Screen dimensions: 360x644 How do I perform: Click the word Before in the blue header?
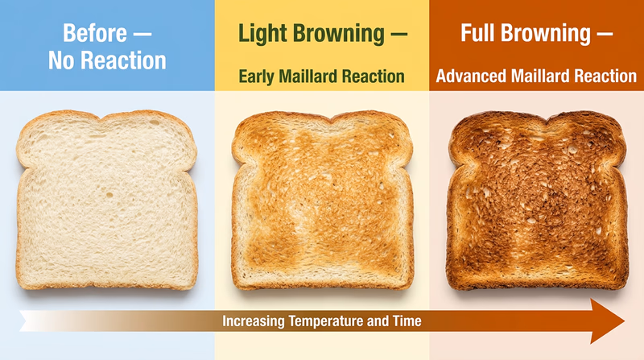point(94,35)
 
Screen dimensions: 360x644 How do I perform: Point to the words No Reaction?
point(107,60)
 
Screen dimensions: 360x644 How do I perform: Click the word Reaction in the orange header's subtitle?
point(606,77)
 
